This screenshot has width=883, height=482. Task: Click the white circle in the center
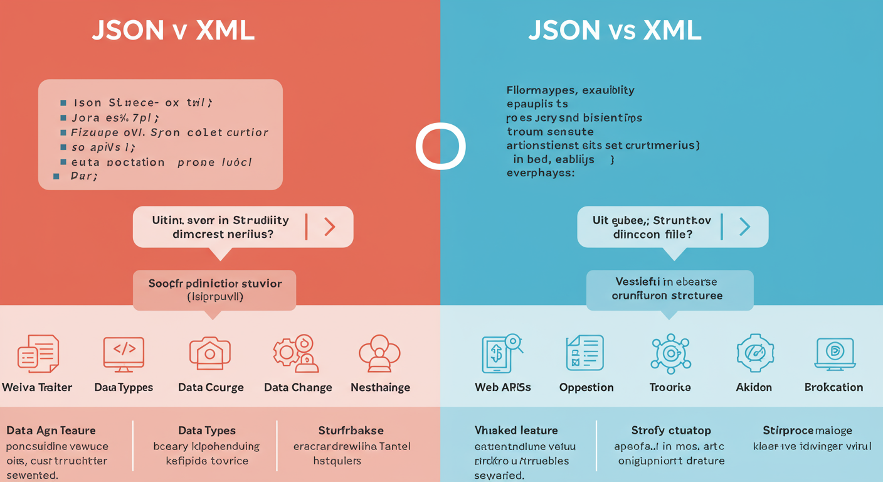pos(440,146)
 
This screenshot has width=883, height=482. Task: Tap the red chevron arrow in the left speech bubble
pos(329,227)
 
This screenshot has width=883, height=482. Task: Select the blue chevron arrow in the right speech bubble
pos(744,227)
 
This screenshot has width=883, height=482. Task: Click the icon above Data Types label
pos(124,353)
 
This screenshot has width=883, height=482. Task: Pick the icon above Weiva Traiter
pos(38,353)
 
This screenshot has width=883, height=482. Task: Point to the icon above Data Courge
pos(210,353)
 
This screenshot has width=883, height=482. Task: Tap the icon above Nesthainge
pos(379,353)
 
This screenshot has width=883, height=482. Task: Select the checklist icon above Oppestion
pos(585,353)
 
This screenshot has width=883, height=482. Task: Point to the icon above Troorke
pos(670,353)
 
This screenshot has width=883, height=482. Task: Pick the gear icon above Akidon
pos(754,353)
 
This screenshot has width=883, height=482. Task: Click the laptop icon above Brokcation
pos(835,353)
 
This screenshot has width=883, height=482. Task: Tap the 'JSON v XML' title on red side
pos(173,31)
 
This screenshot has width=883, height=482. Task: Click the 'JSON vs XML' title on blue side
pos(614,31)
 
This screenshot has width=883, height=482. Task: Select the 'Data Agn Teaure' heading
pos(51,431)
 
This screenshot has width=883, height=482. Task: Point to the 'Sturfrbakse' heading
pos(351,431)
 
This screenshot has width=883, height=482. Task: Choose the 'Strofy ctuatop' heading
pos(670,431)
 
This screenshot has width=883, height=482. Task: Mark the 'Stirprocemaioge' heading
pos(808,431)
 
